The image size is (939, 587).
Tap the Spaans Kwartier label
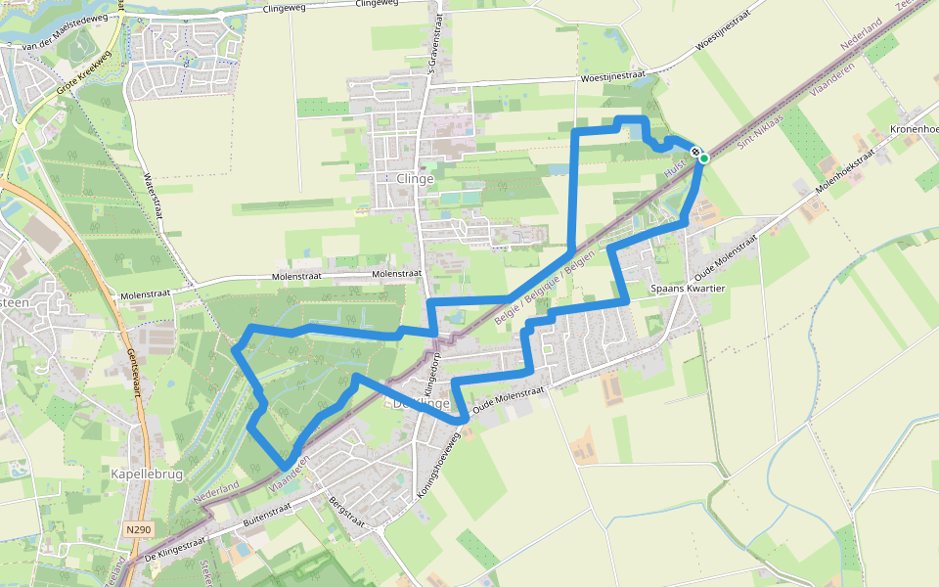(687, 290)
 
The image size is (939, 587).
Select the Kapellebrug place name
(143, 474)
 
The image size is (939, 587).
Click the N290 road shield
(139, 529)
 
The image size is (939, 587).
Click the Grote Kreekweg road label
(80, 84)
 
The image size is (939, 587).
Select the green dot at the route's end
(703, 158)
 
